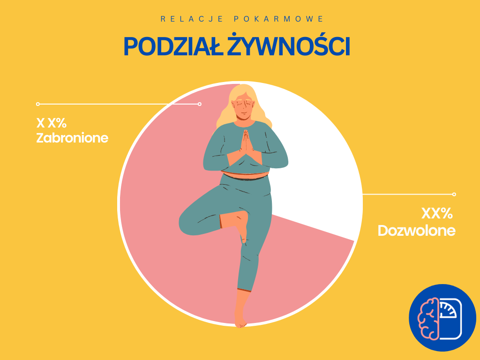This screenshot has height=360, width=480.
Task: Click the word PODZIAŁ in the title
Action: point(173,46)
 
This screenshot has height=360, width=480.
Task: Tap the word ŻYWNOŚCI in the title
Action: point(288,45)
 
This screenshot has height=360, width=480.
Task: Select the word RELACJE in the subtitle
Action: point(192,19)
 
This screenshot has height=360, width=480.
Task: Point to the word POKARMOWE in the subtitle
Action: point(278,19)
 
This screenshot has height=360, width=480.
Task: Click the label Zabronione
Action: point(72,138)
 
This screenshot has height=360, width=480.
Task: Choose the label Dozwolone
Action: point(416,231)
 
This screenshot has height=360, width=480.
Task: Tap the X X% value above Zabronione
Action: point(52,123)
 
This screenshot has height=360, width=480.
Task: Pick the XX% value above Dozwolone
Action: point(437,213)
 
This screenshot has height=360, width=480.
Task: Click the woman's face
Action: point(244,108)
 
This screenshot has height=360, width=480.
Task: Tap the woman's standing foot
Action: point(240,318)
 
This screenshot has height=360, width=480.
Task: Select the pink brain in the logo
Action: point(429,318)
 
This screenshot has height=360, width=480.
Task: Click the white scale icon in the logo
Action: point(450,318)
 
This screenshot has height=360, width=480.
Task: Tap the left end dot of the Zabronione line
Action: point(38,104)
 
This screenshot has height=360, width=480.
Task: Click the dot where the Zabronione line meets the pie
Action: point(200,104)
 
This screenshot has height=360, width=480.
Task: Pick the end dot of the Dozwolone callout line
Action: point(454,194)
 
